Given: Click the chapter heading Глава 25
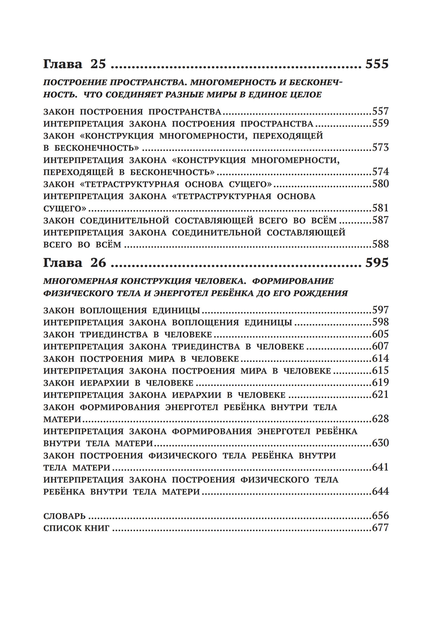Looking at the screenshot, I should pos(74,64).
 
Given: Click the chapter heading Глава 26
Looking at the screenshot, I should pos(74,263).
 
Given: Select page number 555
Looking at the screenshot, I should pos(376,64).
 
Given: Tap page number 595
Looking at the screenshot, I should pos(376,263).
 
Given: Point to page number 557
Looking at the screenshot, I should pos(380,112).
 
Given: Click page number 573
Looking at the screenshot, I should pos(380,148).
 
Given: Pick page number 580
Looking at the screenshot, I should pos(380,184).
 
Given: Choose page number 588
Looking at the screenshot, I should pos(380,244).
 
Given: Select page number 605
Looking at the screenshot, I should pos(380,334).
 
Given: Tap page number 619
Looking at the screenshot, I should pos(380,382).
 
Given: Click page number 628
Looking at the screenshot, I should pos(380,419).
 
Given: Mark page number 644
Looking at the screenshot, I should pos(380,491).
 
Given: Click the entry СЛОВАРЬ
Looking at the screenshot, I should pos(64,516).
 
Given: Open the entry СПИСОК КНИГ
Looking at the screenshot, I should pos(77,528).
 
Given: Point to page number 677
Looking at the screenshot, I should pos(380,528).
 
